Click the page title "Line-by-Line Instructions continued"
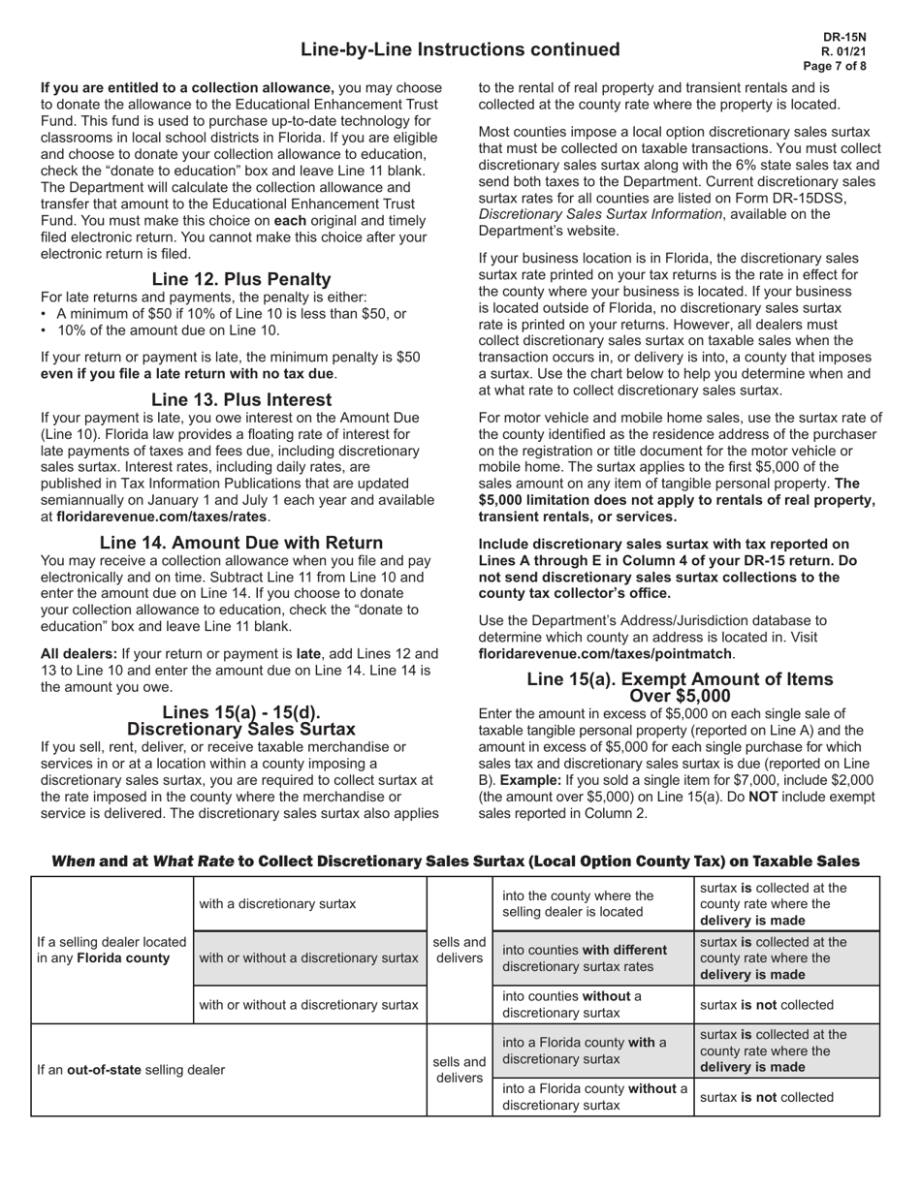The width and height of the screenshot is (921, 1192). pos(460,49)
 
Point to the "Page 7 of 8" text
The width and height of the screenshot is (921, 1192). pos(835,66)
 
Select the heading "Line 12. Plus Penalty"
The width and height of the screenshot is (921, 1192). pos(241,279)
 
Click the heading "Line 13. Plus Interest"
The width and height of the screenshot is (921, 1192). pos(241,399)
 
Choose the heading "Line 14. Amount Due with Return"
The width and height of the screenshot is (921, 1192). pos(241,543)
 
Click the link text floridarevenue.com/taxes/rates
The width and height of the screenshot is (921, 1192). pos(161,517)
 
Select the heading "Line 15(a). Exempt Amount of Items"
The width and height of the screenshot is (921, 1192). pos(680,679)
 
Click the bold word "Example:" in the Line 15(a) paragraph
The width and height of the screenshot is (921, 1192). pos(529,780)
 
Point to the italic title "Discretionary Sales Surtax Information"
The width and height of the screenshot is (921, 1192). pos(600,214)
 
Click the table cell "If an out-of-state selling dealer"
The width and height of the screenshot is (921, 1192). pos(131,1070)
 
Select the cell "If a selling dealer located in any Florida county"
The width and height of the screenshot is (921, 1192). pos(111,950)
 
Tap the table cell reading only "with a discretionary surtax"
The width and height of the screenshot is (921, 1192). pos(277,904)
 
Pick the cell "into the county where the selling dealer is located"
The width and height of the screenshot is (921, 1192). pos(578,903)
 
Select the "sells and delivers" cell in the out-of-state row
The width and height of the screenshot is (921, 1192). pos(460,1070)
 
